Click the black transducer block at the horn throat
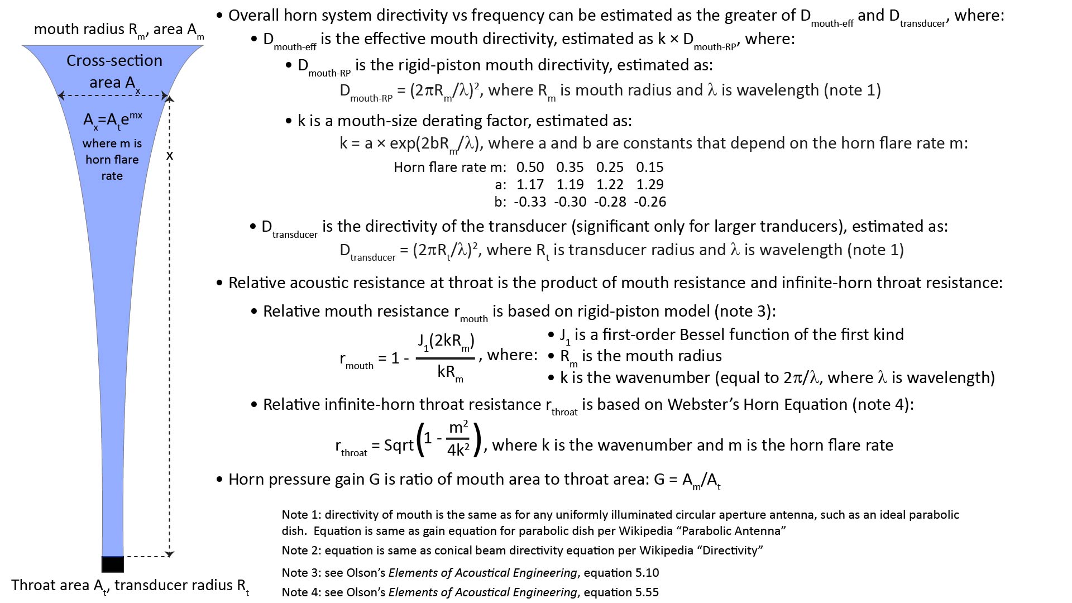112,564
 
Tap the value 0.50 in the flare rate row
530,167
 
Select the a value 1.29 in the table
649,185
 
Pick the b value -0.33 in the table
529,202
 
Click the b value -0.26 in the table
650,202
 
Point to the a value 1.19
569,185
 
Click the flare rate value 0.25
610,167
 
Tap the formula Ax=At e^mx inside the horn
112,119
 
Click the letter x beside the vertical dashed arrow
170,156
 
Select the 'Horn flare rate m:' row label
449,167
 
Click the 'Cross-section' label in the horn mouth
114,61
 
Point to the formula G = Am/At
687,480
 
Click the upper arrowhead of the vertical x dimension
170,99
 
